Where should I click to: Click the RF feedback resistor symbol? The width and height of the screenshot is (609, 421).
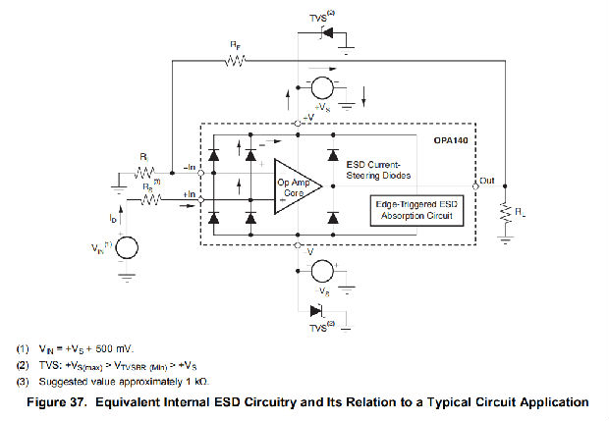point(235,61)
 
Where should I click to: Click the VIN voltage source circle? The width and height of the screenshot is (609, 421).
point(126,246)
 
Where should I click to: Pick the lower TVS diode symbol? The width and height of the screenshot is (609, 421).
point(316,311)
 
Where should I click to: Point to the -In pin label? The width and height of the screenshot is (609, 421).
point(191,167)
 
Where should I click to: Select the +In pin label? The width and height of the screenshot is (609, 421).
point(190,196)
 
